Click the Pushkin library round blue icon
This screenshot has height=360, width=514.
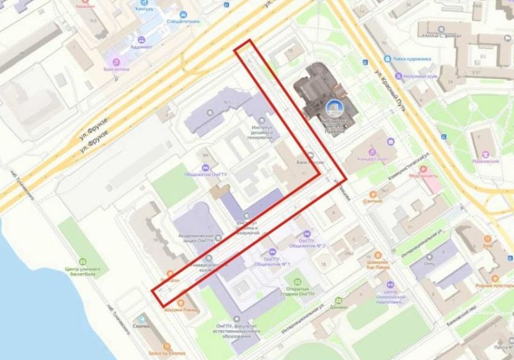click(x=334, y=108)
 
